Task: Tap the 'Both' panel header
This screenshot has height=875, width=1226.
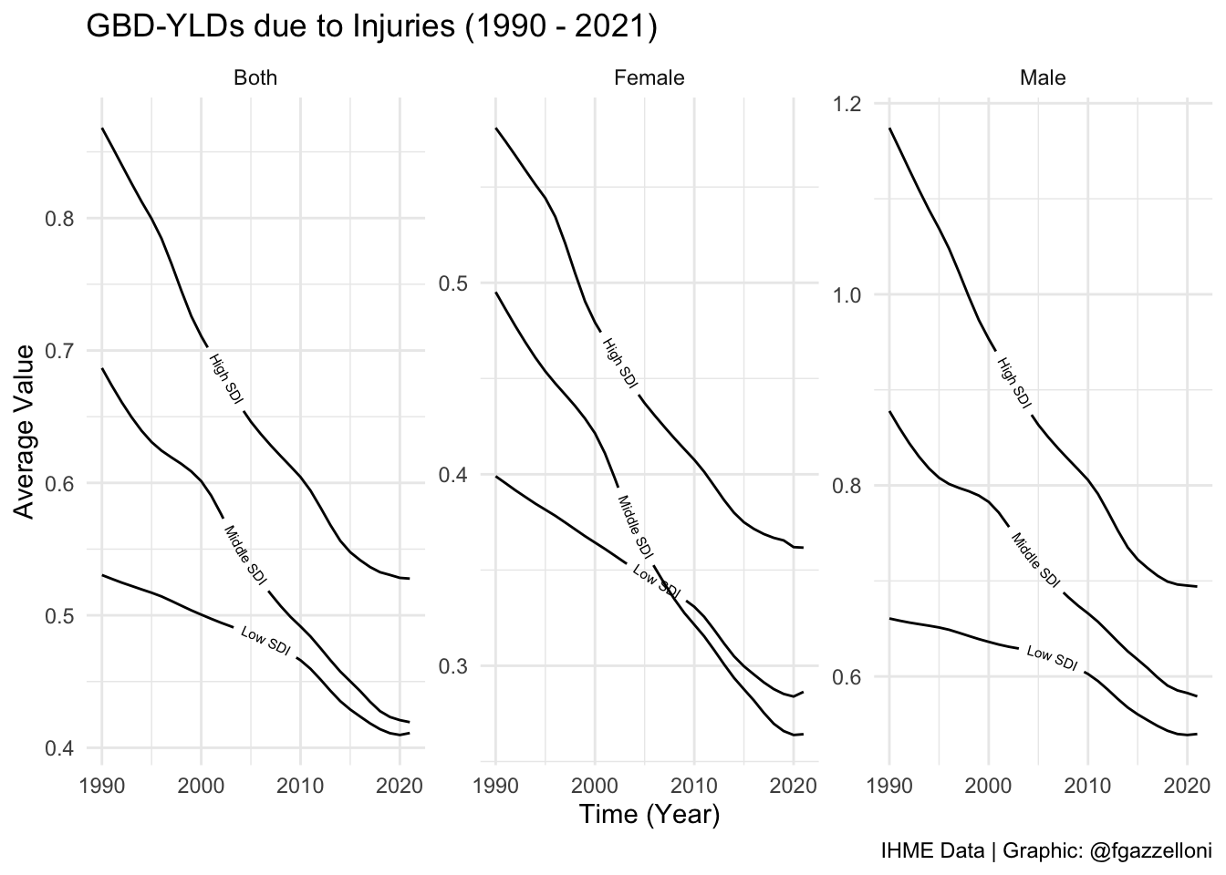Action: (x=255, y=78)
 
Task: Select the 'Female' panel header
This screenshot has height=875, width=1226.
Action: (x=649, y=78)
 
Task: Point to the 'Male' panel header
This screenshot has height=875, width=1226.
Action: (x=1043, y=78)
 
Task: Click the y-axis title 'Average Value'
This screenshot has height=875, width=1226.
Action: (x=26, y=431)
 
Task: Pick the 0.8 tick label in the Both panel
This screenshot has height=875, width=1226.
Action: (x=59, y=219)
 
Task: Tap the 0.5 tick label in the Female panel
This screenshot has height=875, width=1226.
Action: (x=453, y=283)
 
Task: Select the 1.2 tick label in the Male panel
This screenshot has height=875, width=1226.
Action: (x=847, y=103)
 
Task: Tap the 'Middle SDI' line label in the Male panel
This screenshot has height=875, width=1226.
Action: (x=1035, y=559)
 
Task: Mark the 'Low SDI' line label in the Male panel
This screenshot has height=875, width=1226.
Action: (x=1052, y=658)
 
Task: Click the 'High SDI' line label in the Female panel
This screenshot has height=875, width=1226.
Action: (x=619, y=365)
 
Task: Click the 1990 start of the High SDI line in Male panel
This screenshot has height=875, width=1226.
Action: (x=889, y=129)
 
